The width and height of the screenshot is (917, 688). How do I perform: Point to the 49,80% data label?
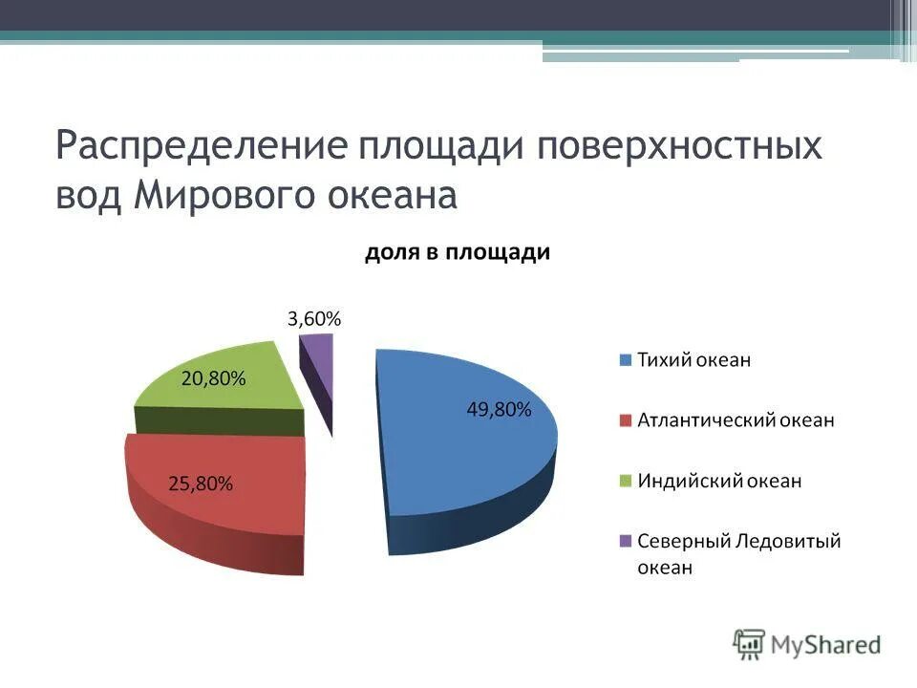coord(499,410)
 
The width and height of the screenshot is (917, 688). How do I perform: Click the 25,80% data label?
coord(201,484)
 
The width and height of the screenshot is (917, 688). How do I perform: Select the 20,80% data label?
coord(213,378)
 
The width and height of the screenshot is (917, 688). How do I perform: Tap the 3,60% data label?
coord(314,319)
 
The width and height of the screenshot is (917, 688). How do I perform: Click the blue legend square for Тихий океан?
coord(626,360)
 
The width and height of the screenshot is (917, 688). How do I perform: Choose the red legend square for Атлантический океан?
coord(626,420)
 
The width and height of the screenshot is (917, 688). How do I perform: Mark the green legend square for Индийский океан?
coord(626,481)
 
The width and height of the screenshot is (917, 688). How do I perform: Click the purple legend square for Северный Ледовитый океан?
coord(626,541)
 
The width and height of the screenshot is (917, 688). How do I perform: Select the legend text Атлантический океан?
coord(736,420)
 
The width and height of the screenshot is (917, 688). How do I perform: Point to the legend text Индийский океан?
coord(719,481)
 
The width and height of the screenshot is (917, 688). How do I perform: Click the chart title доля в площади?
coord(458,252)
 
